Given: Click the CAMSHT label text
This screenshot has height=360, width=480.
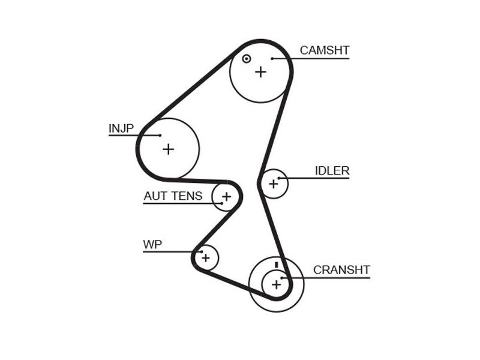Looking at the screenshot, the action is pos(325,50).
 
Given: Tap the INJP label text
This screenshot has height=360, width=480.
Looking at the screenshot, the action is pos(121,128).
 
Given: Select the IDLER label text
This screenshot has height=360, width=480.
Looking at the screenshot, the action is pos(332,170).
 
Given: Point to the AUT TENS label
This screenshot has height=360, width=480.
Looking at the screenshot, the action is pos(173,196).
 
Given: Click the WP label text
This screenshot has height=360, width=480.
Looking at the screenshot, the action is pos(152,244).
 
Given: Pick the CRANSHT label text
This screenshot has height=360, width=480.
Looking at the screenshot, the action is pos(341,269).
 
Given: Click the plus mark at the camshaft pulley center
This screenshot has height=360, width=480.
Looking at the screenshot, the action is pos(261,72).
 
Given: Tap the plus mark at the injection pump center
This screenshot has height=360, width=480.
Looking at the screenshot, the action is pos(169,149).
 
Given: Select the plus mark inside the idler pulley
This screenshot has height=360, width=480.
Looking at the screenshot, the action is pos(274,184).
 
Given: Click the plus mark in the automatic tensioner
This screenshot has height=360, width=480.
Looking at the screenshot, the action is pos(227,196).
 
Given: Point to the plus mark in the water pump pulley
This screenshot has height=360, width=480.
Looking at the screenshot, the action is pos(206,258).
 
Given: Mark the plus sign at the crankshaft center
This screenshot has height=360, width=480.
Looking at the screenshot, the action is pos(277,284).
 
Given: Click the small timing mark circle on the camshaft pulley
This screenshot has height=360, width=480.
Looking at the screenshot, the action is pos(247,59).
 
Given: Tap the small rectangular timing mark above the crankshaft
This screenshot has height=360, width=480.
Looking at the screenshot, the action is pos(277,265).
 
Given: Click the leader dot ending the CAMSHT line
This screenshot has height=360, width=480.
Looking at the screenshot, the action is pos(272,58).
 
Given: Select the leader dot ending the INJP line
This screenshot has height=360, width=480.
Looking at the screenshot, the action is pos(160,136).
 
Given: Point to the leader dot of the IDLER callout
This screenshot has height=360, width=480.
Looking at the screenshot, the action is pos(279,178).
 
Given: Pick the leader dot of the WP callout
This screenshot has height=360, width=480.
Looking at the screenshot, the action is pos(202,251).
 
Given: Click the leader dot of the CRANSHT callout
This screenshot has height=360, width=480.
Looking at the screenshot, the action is pos(282,278).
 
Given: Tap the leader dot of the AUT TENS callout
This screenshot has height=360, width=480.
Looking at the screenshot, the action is pos(221,203).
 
